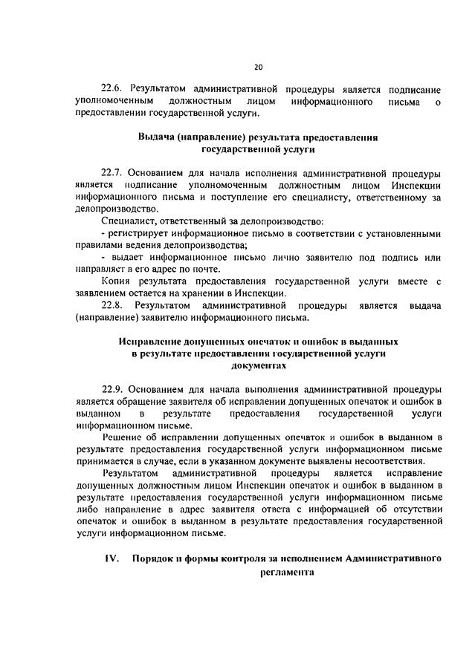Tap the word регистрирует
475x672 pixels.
click(x=142, y=233)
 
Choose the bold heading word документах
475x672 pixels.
click(x=258, y=366)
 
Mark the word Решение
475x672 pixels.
click(x=123, y=437)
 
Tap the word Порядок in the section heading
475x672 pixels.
click(x=154, y=558)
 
